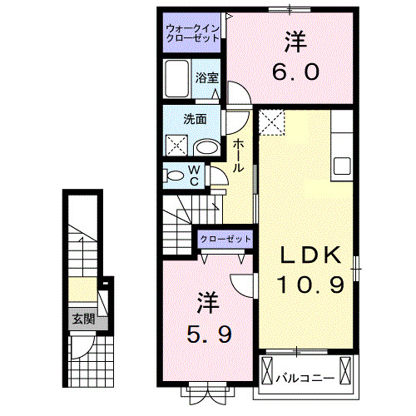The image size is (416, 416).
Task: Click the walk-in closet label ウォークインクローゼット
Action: pyautogui.click(x=191, y=34)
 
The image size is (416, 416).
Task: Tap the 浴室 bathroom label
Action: pyautogui.click(x=207, y=77)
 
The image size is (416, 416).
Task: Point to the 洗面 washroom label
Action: pyautogui.click(x=195, y=119)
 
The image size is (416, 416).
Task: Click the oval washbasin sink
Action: pyautogui.click(x=207, y=148)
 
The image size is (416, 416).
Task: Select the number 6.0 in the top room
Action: pyautogui.click(x=295, y=73)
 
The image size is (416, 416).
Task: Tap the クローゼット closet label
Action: pyautogui.click(x=226, y=240)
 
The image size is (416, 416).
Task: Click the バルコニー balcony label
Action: pyautogui.click(x=305, y=377)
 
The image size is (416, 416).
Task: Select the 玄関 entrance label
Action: pyautogui.click(x=82, y=318)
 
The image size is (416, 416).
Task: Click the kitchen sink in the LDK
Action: pyautogui.click(x=343, y=165)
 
